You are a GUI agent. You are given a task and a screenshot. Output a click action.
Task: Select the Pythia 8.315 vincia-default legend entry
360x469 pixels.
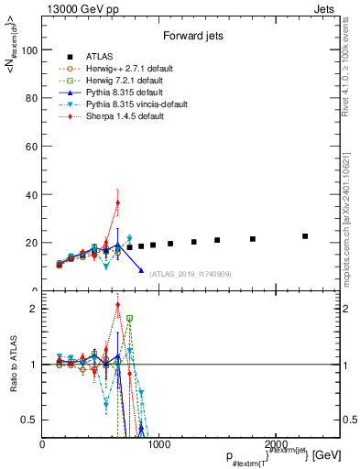pos(121,104)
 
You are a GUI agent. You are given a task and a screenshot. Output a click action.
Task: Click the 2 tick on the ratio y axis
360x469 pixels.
pos(37,309)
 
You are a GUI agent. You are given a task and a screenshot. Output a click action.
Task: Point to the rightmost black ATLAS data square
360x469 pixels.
pos(305,236)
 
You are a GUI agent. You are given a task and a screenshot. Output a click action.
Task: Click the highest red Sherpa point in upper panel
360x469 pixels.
pos(117,202)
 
